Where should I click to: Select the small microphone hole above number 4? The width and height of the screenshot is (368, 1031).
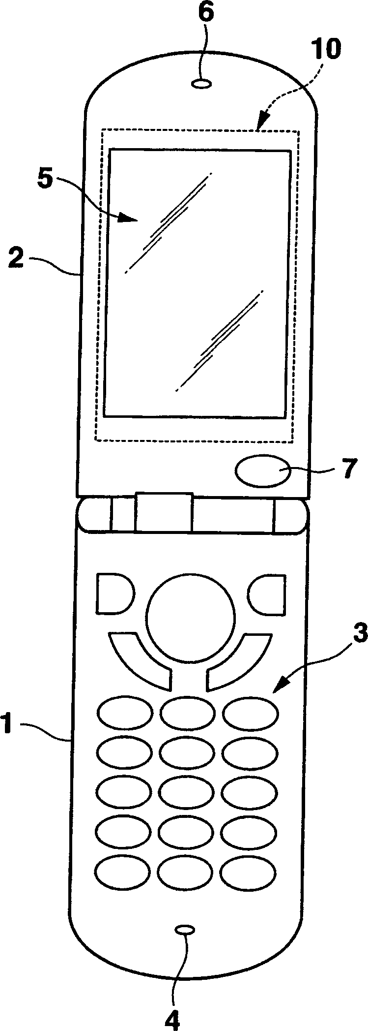pos(185,927)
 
